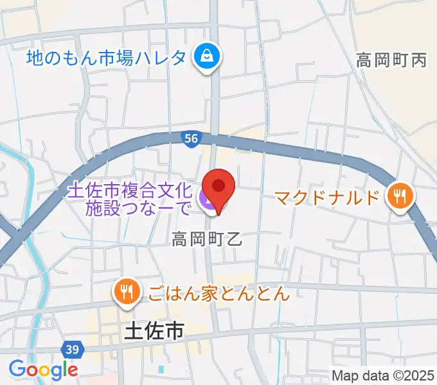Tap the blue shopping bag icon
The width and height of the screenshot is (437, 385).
click(208, 58)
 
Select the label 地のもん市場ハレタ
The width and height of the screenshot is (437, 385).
click(107, 58)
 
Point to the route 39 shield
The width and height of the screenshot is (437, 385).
click(73, 350)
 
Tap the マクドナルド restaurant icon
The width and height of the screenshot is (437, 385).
click(400, 196)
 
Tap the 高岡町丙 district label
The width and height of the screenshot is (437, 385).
click(392, 61)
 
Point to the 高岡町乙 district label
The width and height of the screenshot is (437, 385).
click(206, 240)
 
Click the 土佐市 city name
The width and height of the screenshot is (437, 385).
click(153, 332)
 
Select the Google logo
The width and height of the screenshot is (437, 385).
click(43, 370)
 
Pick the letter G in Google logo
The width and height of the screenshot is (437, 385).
click(17, 369)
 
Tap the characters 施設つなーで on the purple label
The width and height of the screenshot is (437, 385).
click(138, 207)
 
